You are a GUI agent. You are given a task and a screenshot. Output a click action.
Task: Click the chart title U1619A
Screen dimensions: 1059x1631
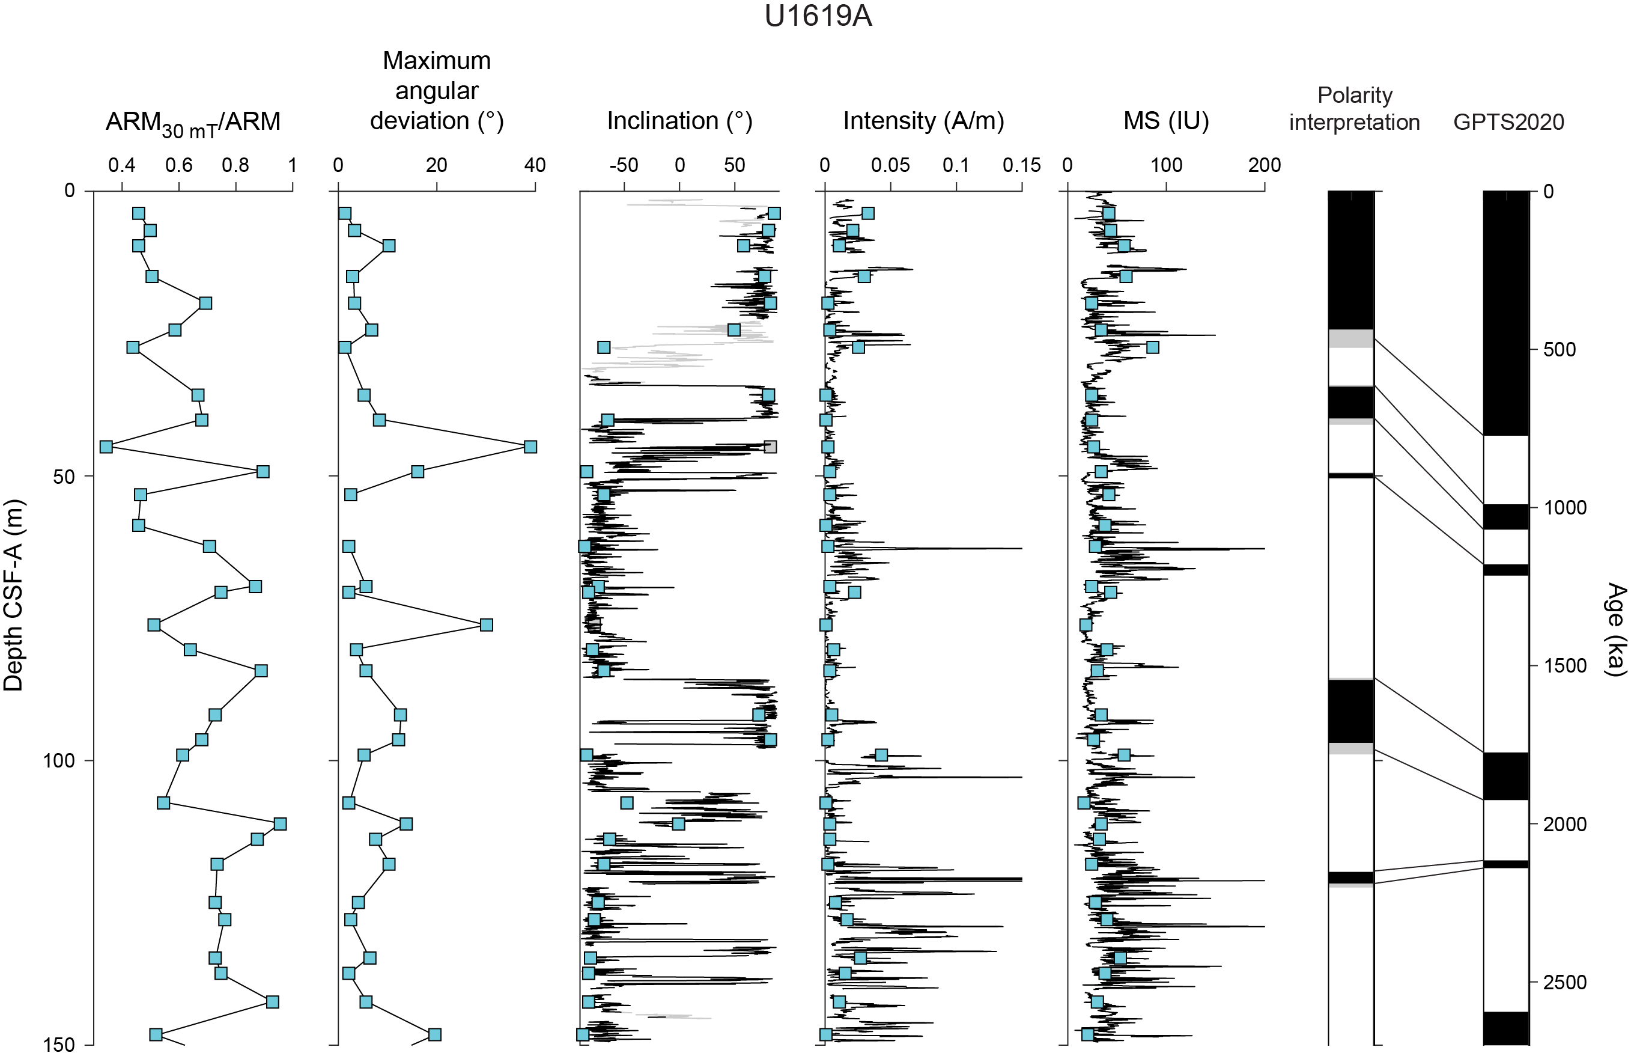tap(818, 16)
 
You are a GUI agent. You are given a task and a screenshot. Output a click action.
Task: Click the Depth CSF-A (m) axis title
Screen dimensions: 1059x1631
tap(14, 595)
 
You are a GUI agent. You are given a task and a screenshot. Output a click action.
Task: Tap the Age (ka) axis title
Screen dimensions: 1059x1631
tap(1615, 629)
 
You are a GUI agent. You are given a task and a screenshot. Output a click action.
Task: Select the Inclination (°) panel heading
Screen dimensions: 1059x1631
tap(679, 121)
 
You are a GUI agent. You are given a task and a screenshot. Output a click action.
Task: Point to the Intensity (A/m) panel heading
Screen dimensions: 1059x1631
tap(923, 121)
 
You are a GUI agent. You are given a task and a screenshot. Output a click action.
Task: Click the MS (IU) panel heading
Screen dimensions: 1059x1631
tap(1165, 121)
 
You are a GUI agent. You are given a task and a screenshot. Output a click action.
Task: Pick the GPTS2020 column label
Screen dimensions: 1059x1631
tap(1508, 123)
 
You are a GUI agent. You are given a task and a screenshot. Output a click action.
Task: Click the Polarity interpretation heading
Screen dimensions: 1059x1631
tap(1354, 108)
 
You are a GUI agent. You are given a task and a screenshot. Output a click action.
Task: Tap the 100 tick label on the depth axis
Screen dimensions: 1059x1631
tap(59, 761)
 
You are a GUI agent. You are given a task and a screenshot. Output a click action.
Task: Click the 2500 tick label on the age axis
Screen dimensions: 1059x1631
tap(1564, 982)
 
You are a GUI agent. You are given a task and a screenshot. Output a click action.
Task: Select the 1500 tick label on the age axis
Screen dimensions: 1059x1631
tap(1564, 665)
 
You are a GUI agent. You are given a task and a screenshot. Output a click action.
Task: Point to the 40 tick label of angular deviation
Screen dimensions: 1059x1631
tap(535, 165)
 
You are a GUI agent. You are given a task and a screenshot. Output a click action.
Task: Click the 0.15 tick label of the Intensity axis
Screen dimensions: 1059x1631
tap(1021, 165)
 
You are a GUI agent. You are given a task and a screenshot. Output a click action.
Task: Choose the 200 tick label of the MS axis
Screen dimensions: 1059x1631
tap(1264, 165)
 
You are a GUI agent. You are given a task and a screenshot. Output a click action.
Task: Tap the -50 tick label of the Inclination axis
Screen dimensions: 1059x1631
tap(624, 165)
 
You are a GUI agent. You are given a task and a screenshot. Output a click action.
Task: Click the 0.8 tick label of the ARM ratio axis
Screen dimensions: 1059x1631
tap(235, 165)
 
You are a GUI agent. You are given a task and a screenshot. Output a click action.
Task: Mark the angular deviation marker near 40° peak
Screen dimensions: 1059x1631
tap(530, 447)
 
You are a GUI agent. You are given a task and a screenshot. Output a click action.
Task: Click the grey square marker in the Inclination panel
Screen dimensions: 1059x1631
tap(770, 447)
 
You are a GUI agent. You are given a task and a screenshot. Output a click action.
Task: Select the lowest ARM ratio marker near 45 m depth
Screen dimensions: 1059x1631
tap(106, 447)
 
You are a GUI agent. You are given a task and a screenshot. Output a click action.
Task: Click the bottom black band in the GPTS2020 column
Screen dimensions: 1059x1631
tap(1506, 1028)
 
